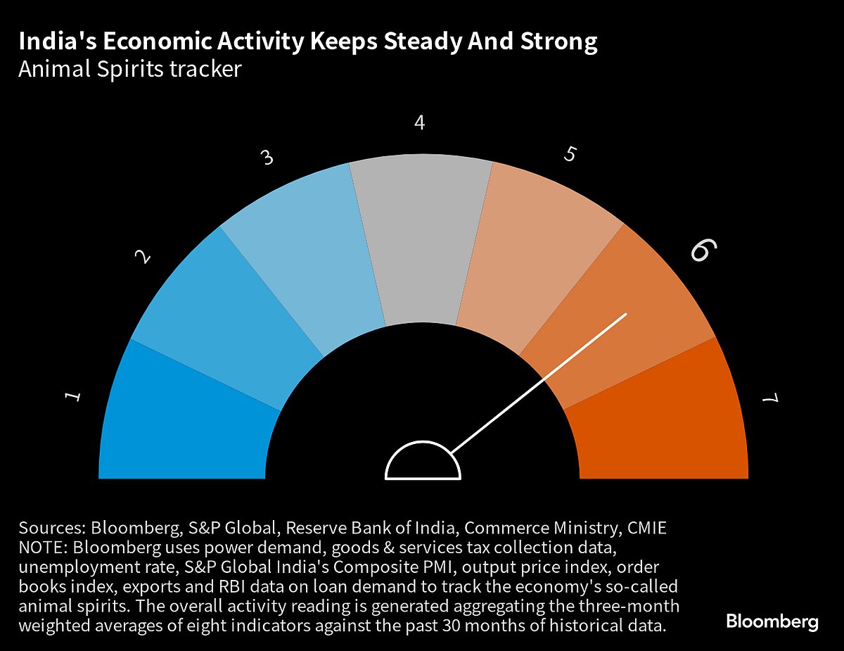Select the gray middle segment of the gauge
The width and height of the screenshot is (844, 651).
421,239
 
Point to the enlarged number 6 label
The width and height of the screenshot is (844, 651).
703,251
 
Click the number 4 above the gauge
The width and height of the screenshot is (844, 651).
420,123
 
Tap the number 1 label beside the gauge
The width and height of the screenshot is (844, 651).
72,398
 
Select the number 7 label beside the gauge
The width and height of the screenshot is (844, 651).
771,399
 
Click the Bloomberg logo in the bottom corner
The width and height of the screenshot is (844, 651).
772,621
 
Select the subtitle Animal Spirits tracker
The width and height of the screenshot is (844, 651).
130,70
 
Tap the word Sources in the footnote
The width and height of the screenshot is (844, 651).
49,529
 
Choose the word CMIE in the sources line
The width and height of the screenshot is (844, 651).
648,529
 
